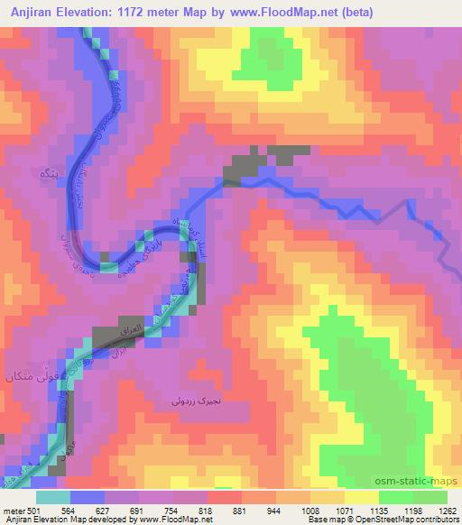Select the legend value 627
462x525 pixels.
pos(107,511)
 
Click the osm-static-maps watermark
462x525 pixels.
pos(417,482)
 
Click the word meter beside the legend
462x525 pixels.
pos(11,511)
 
